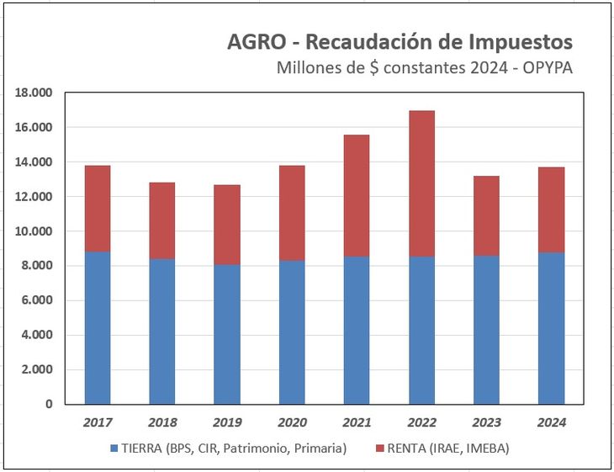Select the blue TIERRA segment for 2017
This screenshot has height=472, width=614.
click(98, 327)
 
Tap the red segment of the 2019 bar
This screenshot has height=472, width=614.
click(227, 225)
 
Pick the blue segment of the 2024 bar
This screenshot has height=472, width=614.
click(551, 328)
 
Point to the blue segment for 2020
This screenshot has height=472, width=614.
click(292, 331)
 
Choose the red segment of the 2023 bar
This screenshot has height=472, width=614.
click(486, 215)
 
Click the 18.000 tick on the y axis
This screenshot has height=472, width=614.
click(34, 93)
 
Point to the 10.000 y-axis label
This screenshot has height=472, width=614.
click(34, 231)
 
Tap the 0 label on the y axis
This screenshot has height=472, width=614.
click(48, 404)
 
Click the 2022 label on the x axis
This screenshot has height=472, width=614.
click(421, 422)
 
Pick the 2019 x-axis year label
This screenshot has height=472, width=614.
click(227, 422)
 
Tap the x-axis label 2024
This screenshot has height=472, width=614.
click(551, 422)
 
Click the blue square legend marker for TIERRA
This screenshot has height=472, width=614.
click(114, 449)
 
